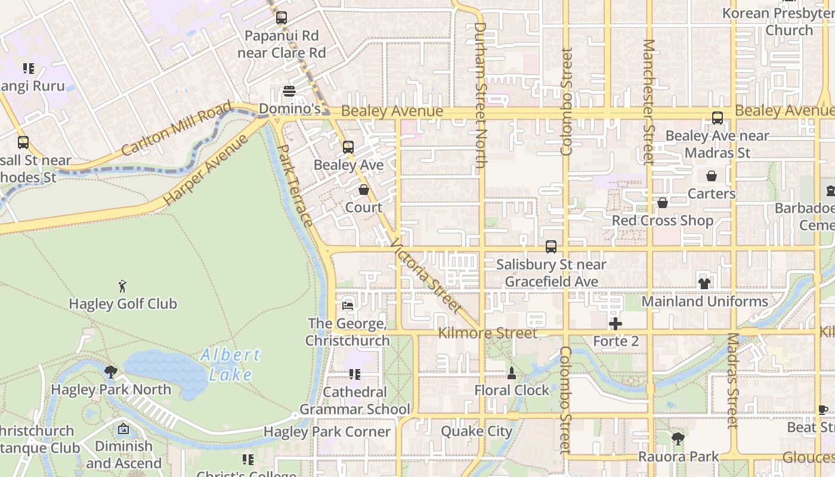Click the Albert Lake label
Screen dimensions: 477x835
click(230, 364)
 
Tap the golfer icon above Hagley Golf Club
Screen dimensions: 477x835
click(122, 286)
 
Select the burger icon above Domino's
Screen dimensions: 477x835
click(289, 91)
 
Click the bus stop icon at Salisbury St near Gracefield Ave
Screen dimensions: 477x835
click(551, 246)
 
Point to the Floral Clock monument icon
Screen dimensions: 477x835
click(511, 373)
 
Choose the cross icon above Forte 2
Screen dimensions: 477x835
click(616, 324)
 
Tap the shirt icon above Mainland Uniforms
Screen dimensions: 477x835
click(704, 284)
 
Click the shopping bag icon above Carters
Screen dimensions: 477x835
click(711, 176)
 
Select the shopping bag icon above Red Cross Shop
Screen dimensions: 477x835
click(662, 203)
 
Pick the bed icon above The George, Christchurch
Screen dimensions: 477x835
click(348, 306)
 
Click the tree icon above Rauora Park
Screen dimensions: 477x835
click(678, 439)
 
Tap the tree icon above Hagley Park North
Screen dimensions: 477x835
click(110, 372)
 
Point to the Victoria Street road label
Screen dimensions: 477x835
click(426, 275)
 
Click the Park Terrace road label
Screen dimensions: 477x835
click(296, 185)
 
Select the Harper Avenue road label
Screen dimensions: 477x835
click(205, 170)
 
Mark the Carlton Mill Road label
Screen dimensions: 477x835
click(176, 129)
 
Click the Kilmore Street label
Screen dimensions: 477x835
click(487, 333)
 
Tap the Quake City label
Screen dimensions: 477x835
click(477, 431)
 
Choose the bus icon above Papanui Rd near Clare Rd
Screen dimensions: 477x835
click(282, 18)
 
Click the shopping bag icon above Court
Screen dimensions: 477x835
click(364, 190)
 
